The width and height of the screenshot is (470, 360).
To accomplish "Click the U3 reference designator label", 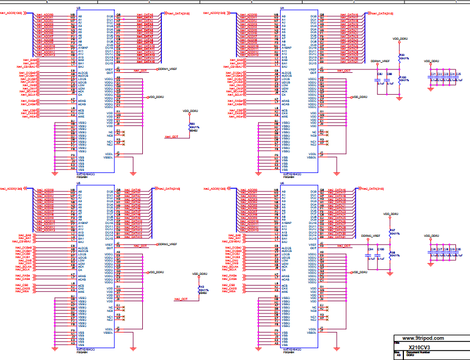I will (x=78, y=8).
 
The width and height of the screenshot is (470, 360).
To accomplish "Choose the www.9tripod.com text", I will (x=422, y=338).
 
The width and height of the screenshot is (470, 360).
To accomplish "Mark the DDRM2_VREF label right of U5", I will (x=166, y=244).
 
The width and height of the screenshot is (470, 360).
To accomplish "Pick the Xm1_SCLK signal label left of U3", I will (x=29, y=95).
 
